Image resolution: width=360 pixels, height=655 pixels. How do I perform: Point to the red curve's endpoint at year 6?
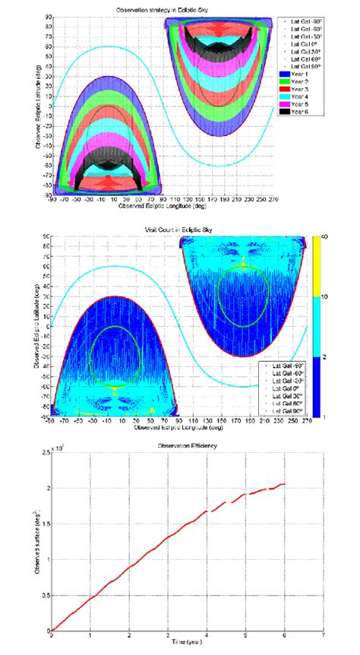pyautogui.click(x=284, y=484)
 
